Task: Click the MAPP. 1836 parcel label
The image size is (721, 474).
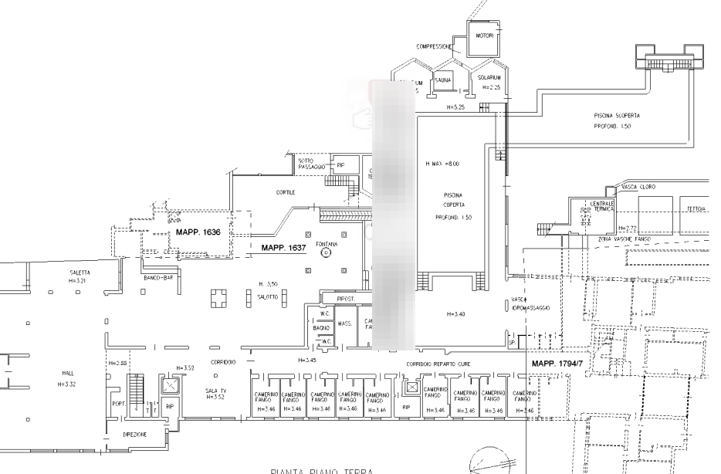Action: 198,232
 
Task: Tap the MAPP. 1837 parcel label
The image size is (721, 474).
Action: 284,249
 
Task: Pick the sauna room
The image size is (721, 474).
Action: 443,80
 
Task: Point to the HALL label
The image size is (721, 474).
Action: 69,376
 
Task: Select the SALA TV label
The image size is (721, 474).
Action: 216,393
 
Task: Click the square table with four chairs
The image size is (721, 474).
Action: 218,297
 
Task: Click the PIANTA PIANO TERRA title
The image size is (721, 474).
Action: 322,469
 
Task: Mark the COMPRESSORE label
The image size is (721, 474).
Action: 434,47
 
